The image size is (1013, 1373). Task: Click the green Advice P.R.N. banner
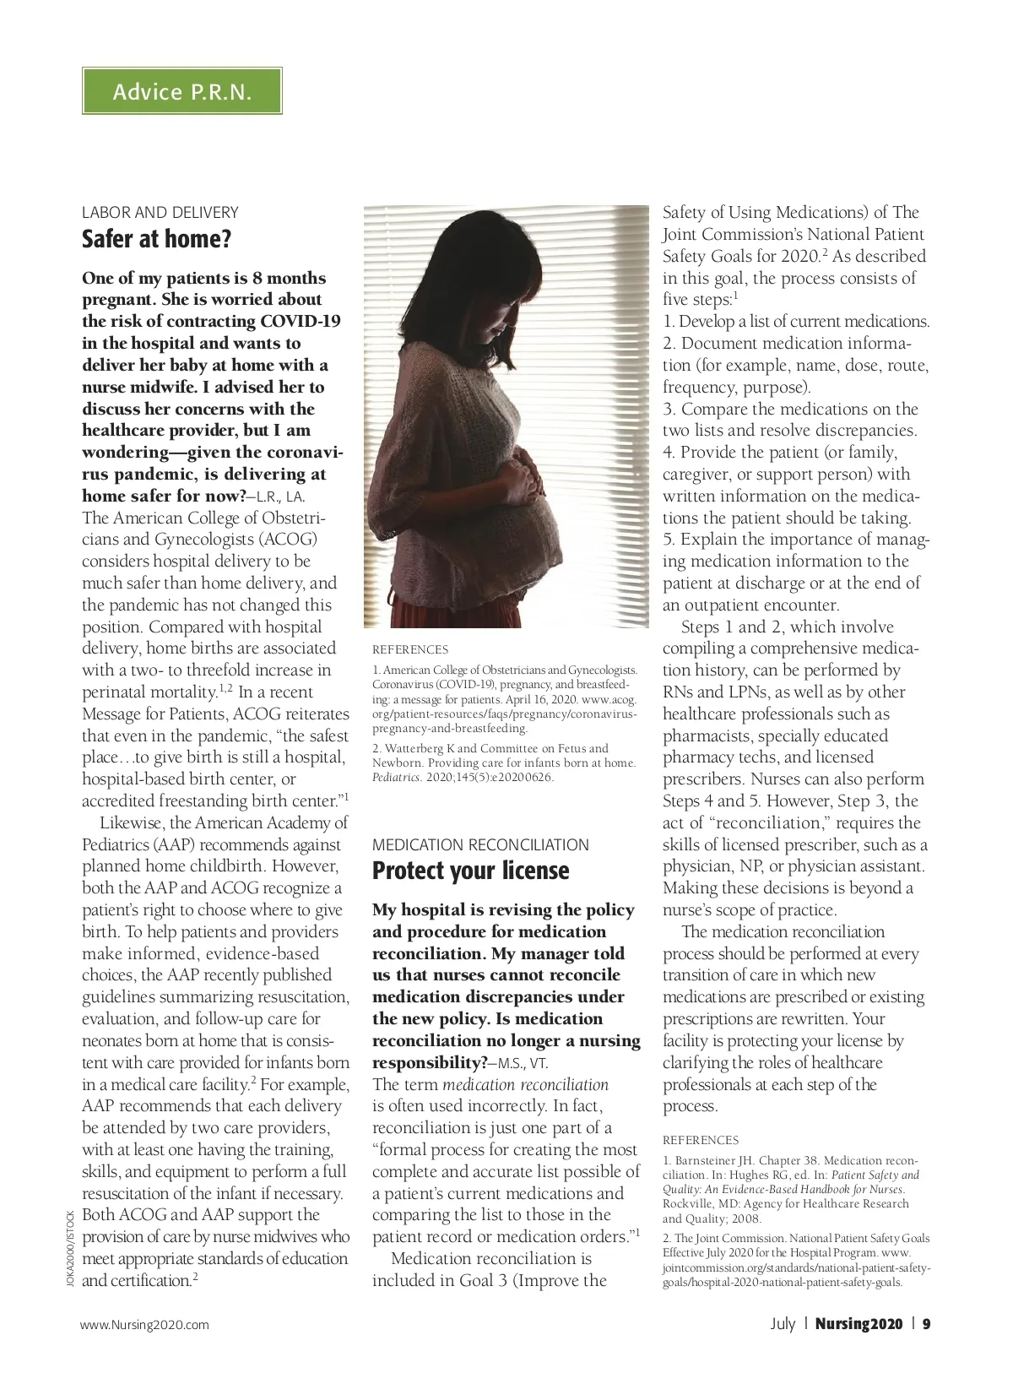pos(181,91)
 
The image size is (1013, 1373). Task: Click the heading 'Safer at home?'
pos(156,240)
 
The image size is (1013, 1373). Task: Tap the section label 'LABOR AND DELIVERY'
pos(160,213)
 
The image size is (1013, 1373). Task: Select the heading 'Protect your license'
pos(471,871)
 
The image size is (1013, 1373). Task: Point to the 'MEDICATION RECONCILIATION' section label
pos(480,844)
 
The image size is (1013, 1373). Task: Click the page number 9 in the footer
pos(926,1324)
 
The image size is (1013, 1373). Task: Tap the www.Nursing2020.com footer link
pos(144,1325)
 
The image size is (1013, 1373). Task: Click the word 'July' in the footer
pos(783,1324)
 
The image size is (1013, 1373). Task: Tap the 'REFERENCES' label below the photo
pos(410,650)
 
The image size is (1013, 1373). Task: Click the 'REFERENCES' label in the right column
pos(701,1140)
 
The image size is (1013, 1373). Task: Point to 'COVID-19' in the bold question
pos(301,322)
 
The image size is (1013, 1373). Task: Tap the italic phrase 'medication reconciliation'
pos(525,1085)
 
